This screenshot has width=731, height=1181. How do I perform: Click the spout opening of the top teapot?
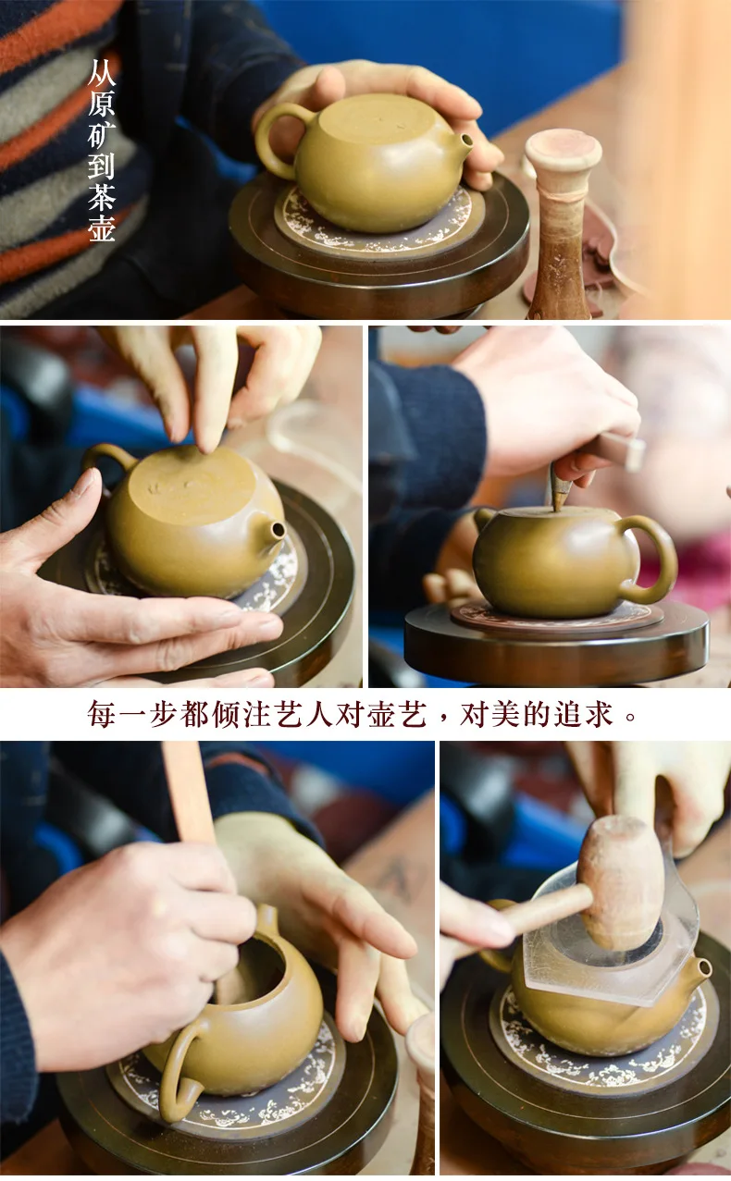466,141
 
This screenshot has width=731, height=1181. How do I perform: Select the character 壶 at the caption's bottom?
101,228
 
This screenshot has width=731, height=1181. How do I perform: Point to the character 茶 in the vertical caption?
101,197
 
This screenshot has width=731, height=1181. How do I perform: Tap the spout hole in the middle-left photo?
278,530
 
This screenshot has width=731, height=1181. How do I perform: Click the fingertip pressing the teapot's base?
206,446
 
